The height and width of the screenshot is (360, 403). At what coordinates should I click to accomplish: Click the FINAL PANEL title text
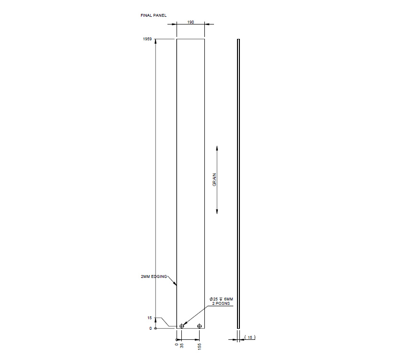pyautogui.click(x=154, y=15)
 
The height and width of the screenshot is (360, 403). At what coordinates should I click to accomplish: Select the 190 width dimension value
pyautogui.click(x=190, y=23)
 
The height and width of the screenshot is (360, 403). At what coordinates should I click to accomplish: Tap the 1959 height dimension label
pyautogui.click(x=147, y=39)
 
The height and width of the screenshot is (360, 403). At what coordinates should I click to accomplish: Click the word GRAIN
pyautogui.click(x=214, y=180)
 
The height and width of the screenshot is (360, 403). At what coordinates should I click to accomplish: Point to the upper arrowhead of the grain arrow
pyautogui.click(x=217, y=148)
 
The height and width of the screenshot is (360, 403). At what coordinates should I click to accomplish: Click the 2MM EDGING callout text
pyautogui.click(x=154, y=277)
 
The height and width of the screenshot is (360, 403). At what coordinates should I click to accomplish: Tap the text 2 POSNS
pyautogui.click(x=220, y=304)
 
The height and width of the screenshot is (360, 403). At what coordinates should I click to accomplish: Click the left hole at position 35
pyautogui.click(x=182, y=326)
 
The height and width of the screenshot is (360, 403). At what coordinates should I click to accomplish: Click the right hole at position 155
pyautogui.click(x=200, y=326)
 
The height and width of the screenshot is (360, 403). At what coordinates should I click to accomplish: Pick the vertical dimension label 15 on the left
pyautogui.click(x=150, y=318)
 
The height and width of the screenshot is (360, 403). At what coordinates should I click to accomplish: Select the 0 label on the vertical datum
pyautogui.click(x=151, y=328)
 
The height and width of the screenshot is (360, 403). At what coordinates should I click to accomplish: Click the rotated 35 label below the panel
pyautogui.click(x=182, y=345)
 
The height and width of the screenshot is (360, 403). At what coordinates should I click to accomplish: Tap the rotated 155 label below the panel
pyautogui.click(x=200, y=346)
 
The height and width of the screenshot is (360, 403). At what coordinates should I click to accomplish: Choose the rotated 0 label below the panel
pyautogui.click(x=177, y=344)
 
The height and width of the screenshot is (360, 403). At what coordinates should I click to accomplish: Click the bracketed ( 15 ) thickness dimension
pyautogui.click(x=250, y=338)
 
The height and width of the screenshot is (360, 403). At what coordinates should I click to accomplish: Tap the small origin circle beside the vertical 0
pyautogui.click(x=155, y=328)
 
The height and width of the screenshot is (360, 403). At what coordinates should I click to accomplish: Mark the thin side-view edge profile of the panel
pyautogui.click(x=238, y=182)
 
